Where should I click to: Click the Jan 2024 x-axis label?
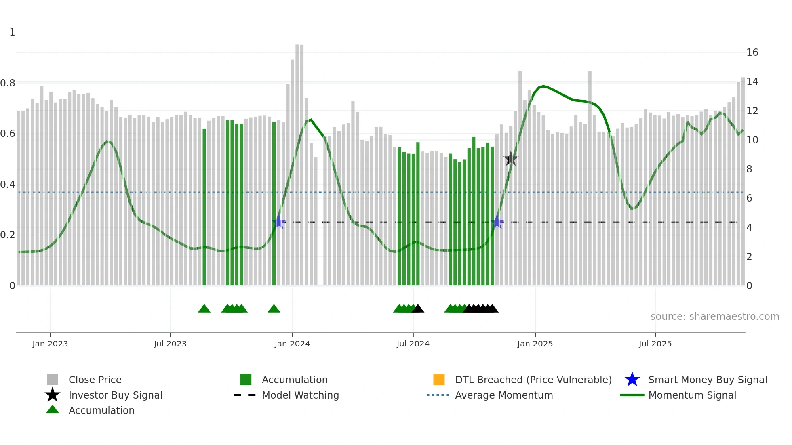point(292,344)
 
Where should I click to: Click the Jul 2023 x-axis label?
point(170,344)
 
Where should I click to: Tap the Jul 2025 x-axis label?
point(655,344)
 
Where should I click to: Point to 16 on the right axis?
point(752,52)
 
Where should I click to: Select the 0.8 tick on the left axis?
point(8,83)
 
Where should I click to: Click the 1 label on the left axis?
point(12,32)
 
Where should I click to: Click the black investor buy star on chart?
point(511,159)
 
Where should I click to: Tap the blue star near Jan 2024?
point(278,222)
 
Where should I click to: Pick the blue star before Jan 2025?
point(497,222)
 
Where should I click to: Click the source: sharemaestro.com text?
point(714,317)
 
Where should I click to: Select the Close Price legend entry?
point(95,380)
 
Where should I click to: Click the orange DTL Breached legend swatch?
point(439,380)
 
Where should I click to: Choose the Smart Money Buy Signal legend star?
point(632,380)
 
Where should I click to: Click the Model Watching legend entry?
point(300,395)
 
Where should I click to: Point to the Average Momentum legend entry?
point(504,395)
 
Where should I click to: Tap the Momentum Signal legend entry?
point(692,395)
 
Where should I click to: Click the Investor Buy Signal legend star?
point(53,395)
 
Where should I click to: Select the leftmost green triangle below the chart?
point(204,309)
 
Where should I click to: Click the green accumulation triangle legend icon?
point(53,409)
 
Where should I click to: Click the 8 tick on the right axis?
point(749,169)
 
